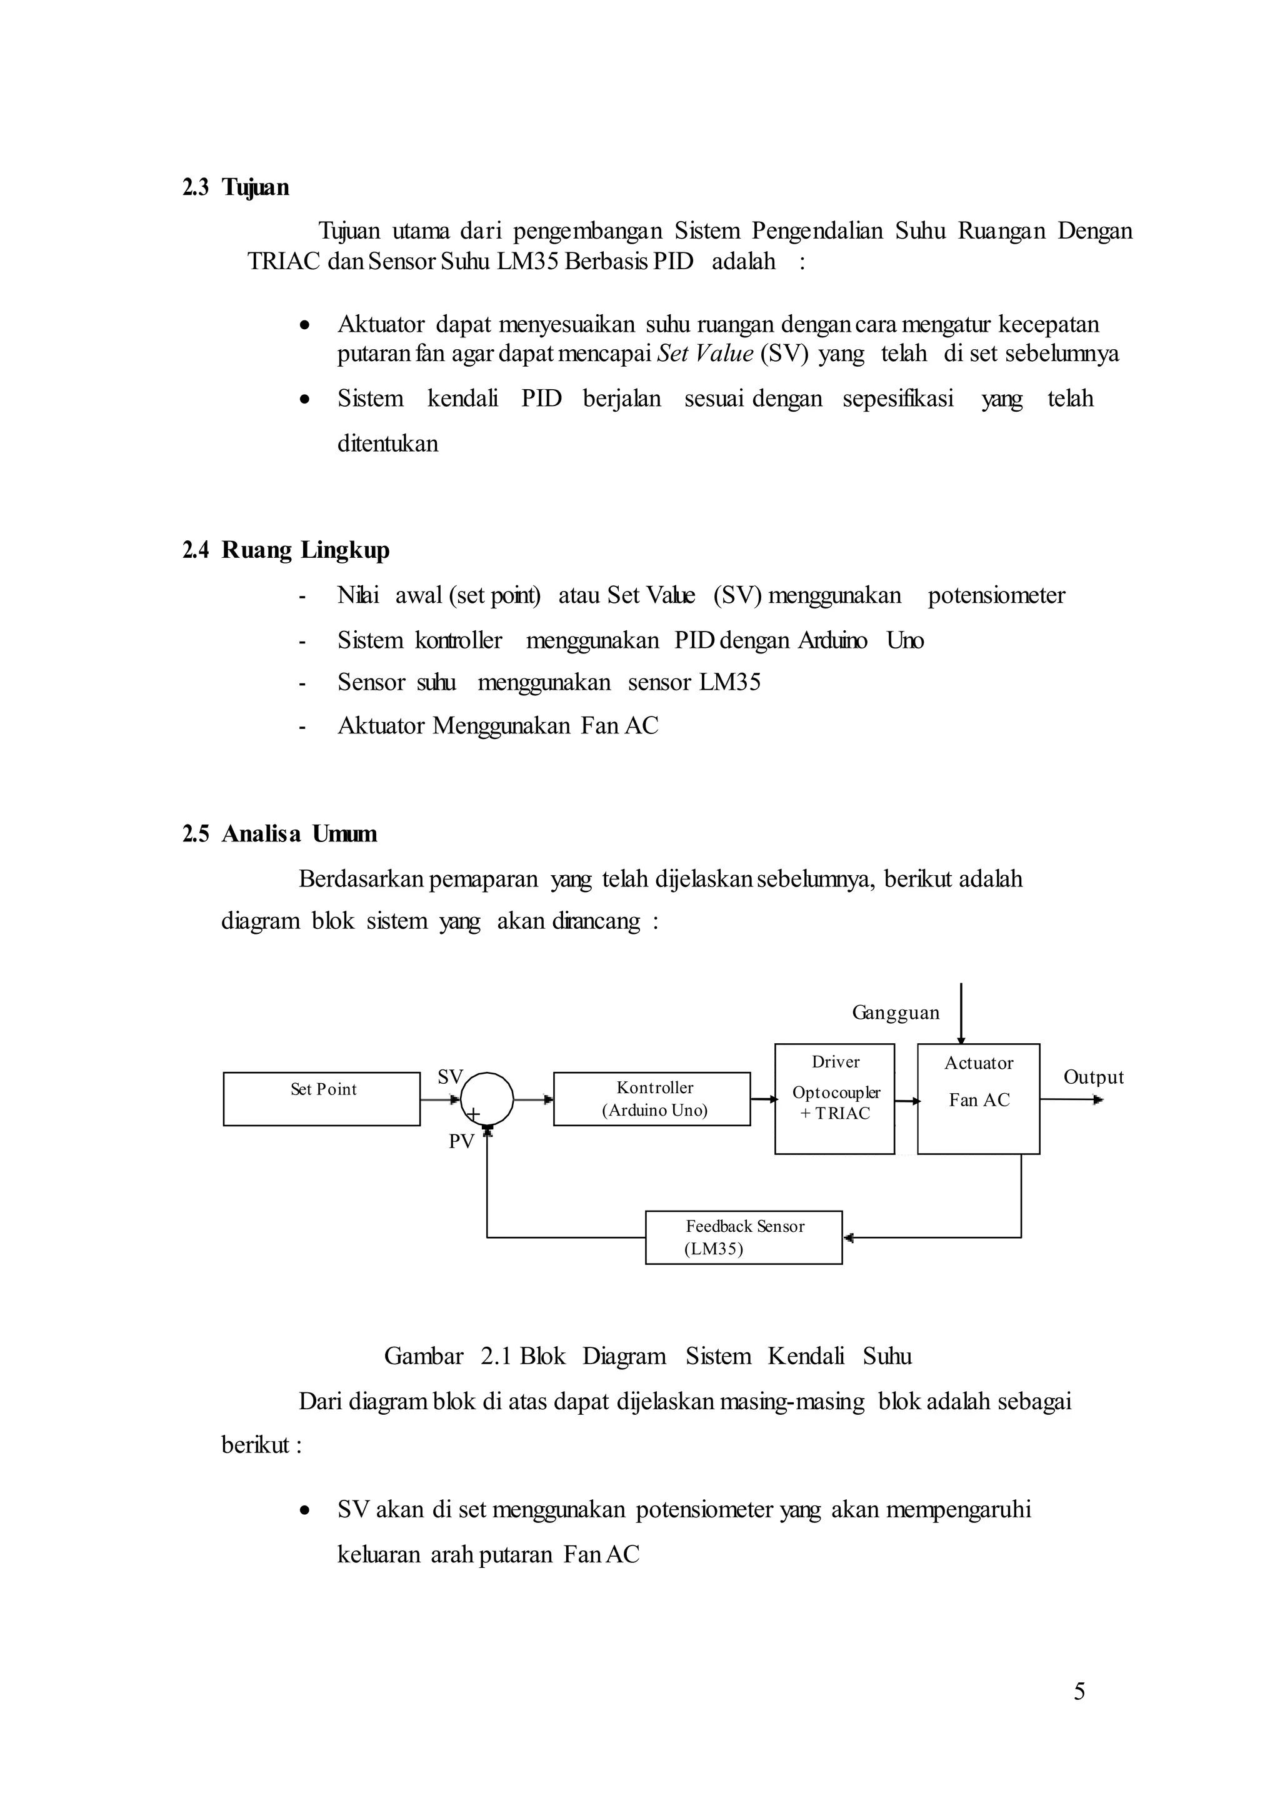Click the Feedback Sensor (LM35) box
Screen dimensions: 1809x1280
point(743,1237)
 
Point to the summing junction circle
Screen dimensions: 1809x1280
point(486,1099)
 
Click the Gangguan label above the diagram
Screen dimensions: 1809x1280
point(896,1013)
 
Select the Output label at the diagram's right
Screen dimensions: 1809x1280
point(1093,1077)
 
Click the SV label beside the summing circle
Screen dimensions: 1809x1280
point(450,1077)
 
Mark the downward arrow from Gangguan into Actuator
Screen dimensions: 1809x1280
point(961,1013)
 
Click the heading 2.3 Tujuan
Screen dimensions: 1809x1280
point(236,187)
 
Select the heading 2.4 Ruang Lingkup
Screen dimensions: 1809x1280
point(286,550)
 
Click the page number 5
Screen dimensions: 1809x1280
point(1079,1691)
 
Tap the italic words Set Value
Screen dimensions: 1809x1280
point(704,354)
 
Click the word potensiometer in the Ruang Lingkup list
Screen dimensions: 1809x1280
point(996,595)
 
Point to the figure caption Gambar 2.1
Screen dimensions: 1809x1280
point(647,1356)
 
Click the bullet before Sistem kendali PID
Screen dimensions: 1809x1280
point(304,399)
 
